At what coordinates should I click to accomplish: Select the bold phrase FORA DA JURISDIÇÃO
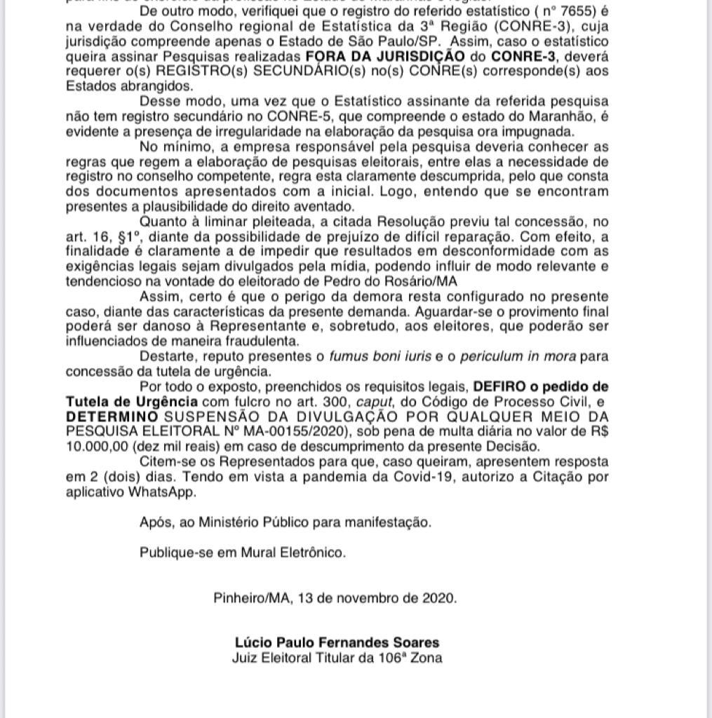[384, 56]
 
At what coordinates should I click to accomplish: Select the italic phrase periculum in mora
[520, 356]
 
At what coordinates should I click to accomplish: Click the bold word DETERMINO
[109, 416]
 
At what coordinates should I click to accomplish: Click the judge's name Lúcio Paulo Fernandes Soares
[337, 642]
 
